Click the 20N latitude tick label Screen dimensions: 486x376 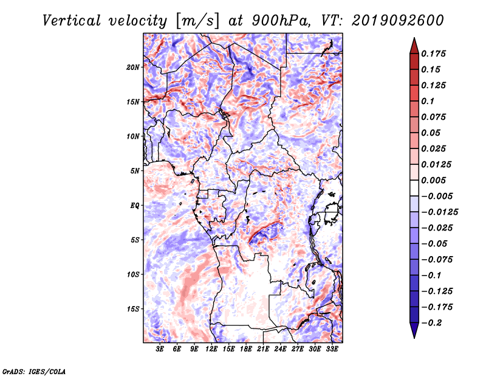[x=133, y=68]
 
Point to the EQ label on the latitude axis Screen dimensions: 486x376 [x=135, y=206]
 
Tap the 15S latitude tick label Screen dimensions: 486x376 [x=133, y=309]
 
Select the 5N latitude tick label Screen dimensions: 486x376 [x=135, y=171]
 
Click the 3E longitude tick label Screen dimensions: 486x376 [x=160, y=349]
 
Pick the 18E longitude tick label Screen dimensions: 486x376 [x=246, y=349]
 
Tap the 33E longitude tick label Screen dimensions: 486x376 [x=332, y=349]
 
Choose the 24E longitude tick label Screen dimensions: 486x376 [x=280, y=349]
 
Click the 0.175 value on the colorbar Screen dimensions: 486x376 [x=433, y=54]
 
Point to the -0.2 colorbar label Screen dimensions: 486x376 [x=431, y=323]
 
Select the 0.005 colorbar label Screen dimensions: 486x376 [x=433, y=180]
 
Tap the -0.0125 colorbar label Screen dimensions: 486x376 [x=439, y=212]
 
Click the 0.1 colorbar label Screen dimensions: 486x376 [x=428, y=101]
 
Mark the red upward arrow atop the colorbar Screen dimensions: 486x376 [x=414, y=46]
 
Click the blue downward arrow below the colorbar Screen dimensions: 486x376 [x=414, y=330]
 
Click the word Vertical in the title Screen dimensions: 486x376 [x=72, y=21]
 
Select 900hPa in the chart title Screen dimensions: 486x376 [x=281, y=21]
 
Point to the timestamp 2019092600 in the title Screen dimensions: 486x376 [x=398, y=21]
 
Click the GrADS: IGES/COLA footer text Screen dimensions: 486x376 [x=34, y=371]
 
